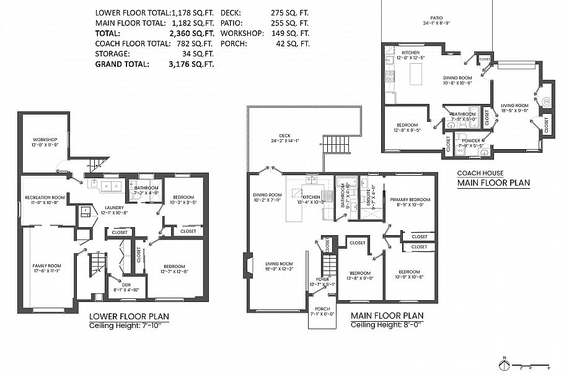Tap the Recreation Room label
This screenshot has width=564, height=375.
42,197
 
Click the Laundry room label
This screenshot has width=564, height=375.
113,208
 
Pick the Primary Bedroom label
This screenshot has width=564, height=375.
410,199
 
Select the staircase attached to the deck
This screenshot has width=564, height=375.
335,144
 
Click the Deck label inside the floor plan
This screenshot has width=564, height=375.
284,136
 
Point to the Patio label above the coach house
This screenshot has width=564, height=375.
436,19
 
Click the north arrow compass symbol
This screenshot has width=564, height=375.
505,363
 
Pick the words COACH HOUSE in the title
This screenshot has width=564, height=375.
480,173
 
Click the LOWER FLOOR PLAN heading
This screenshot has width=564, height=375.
129,316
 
